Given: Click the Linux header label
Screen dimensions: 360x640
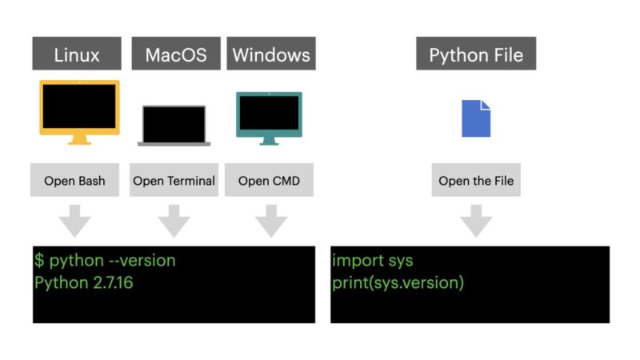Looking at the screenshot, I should [x=77, y=54].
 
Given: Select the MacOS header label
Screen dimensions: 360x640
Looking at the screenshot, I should [x=175, y=54].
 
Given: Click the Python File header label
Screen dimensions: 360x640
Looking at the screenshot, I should [x=476, y=54].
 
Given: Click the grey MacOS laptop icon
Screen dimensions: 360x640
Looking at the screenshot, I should [x=174, y=125].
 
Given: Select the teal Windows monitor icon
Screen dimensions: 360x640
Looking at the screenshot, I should [x=269, y=117].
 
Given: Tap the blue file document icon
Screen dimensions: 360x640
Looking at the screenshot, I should [x=476, y=118].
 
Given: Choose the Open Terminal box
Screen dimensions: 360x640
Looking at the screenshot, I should [x=174, y=181].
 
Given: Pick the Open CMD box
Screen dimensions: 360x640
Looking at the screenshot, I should [x=269, y=181].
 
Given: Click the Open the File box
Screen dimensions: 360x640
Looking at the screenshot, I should [x=476, y=181].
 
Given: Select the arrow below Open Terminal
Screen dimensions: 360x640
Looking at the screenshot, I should [x=174, y=219].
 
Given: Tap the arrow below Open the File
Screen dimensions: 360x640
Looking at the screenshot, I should [x=476, y=219].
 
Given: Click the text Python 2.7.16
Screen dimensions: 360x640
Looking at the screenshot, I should [x=83, y=282].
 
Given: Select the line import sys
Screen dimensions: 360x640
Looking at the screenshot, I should [x=372, y=261].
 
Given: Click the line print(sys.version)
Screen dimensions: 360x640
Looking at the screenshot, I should [x=398, y=282].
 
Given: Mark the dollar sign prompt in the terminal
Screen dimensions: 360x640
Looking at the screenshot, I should [x=39, y=261].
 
